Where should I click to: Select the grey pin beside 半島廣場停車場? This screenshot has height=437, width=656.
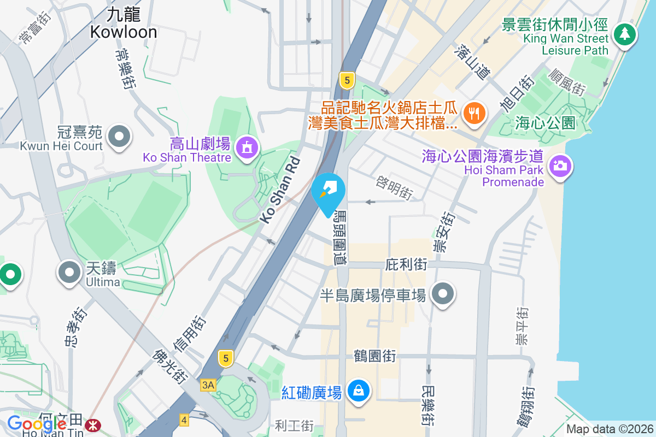[443, 295]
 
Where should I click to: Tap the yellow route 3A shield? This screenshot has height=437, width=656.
[208, 385]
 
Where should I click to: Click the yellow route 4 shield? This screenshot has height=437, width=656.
[184, 420]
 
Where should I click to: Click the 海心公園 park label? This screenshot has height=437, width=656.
[546, 123]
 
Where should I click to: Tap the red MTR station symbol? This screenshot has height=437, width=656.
[92, 423]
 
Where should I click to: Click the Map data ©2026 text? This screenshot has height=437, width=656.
[609, 429]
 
